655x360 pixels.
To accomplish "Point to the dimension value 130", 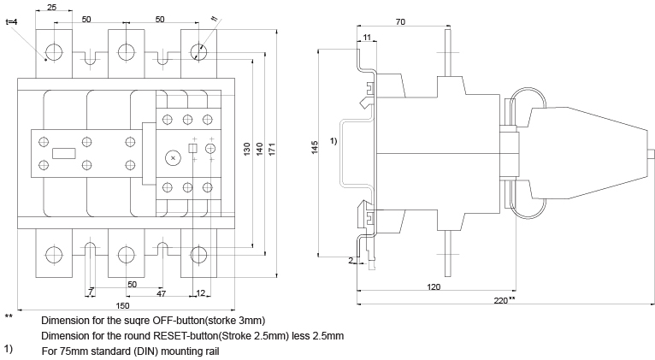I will [x=246, y=147].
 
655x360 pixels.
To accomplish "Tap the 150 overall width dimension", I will [x=123, y=305].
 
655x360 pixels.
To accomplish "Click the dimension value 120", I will [x=434, y=287].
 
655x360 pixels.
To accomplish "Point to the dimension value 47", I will [x=161, y=293].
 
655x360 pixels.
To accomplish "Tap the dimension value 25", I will [x=52, y=8].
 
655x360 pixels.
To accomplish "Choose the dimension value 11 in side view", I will [x=367, y=38].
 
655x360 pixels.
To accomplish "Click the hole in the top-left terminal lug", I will [x=55, y=51].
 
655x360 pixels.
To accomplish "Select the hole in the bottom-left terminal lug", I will [x=55, y=254].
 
